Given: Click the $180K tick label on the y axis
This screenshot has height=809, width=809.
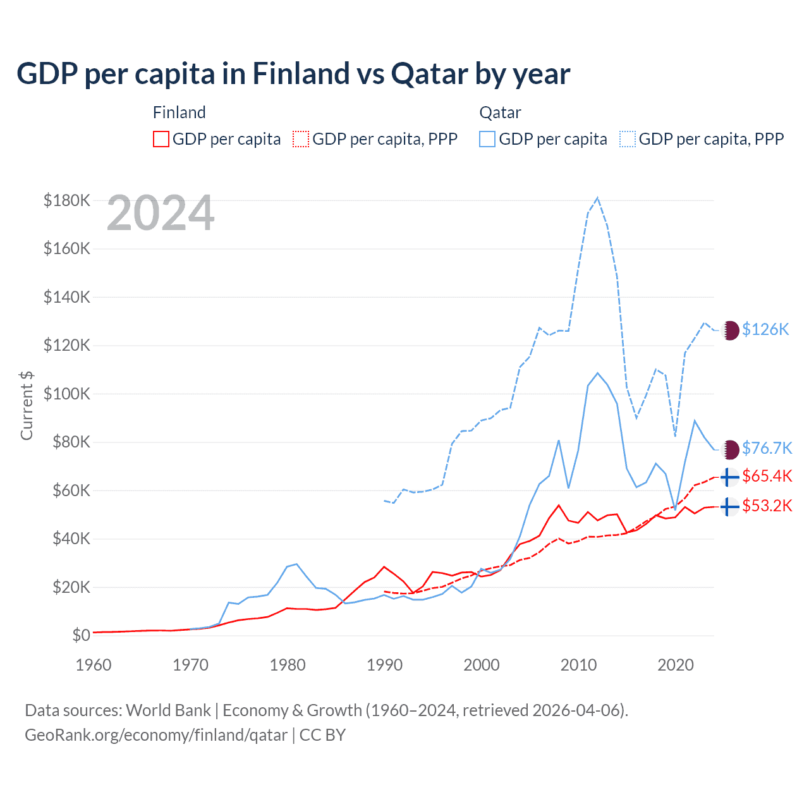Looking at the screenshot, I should pyautogui.click(x=67, y=201).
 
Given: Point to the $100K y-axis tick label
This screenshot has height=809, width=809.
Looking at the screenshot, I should pyautogui.click(x=67, y=394).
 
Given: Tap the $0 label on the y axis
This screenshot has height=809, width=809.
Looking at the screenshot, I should pyautogui.click(x=81, y=635).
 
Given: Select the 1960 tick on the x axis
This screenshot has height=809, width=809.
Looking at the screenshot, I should pyautogui.click(x=94, y=665).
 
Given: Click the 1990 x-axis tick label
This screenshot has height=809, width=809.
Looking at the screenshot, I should pyautogui.click(x=384, y=665).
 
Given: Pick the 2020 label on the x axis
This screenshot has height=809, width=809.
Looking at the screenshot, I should pyautogui.click(x=676, y=665).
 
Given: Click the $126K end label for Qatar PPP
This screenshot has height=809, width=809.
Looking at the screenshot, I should pyautogui.click(x=765, y=329).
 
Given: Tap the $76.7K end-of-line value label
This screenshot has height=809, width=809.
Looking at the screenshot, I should pyautogui.click(x=767, y=448).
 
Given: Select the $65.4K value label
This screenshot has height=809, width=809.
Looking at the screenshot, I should pyautogui.click(x=767, y=476).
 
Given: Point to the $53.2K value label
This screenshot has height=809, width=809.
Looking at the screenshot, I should pyautogui.click(x=767, y=506).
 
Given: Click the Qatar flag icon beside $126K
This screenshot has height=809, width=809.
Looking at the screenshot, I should pyautogui.click(x=731, y=330).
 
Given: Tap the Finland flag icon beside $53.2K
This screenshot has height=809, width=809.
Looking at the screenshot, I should pyautogui.click(x=730, y=507).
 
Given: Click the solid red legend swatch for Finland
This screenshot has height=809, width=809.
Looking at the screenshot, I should pyautogui.click(x=161, y=139).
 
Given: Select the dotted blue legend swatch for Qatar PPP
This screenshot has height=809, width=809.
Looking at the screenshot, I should pyautogui.click(x=628, y=139).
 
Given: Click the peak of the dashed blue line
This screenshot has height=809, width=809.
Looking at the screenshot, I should pyautogui.click(x=597, y=198).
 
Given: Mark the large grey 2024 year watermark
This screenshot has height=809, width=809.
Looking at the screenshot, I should pyautogui.click(x=161, y=214).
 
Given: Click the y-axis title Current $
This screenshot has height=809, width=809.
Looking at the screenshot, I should pyautogui.click(x=27, y=405).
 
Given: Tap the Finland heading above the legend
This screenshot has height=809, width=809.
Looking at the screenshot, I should pyautogui.click(x=179, y=113).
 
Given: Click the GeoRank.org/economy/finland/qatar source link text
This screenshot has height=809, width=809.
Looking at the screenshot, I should pyautogui.click(x=156, y=735).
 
